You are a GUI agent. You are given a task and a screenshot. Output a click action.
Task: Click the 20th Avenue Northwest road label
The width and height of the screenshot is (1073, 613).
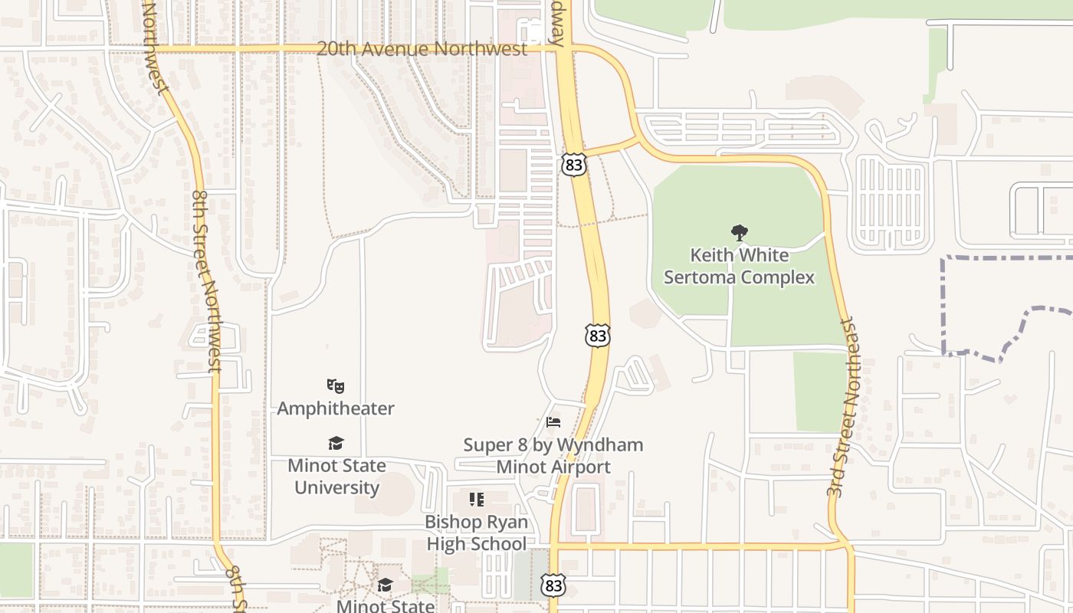pyautogui.click(x=422, y=49)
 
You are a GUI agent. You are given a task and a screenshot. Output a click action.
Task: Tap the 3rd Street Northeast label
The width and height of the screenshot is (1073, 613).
pyautogui.click(x=846, y=408)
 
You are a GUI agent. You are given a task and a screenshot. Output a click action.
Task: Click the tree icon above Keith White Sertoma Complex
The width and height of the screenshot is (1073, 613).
pyautogui.click(x=739, y=232)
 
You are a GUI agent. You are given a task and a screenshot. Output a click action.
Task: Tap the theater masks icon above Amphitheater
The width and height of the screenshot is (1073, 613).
pyautogui.click(x=335, y=386)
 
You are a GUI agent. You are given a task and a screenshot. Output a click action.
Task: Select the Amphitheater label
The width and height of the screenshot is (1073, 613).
pyautogui.click(x=335, y=408)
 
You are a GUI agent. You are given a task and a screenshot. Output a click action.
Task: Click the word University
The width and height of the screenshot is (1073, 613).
pyautogui.click(x=336, y=487)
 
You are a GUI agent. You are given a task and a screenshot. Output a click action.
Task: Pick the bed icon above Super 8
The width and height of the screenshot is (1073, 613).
pyautogui.click(x=553, y=422)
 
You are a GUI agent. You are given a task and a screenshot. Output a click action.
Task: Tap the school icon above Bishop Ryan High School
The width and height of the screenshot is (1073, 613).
pyautogui.click(x=477, y=500)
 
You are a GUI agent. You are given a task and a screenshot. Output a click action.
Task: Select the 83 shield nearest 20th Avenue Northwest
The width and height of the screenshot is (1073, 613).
pyautogui.click(x=573, y=164)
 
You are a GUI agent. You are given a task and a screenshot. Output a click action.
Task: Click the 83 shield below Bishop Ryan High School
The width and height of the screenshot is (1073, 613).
pyautogui.click(x=553, y=585)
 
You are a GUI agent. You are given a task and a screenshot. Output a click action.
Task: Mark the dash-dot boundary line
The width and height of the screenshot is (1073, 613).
pyautogui.click(x=943, y=306)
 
